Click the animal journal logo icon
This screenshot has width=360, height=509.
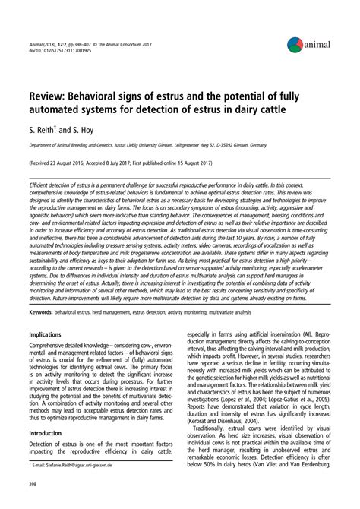pyautogui.click(x=295, y=43)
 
